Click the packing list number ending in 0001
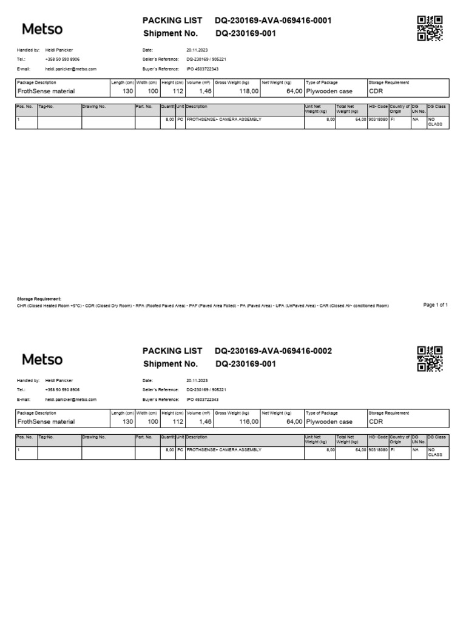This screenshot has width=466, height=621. click(x=273, y=21)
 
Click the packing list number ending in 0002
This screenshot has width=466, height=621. click(x=273, y=351)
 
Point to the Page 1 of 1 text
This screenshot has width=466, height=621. click(x=435, y=305)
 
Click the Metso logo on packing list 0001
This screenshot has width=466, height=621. click(x=42, y=29)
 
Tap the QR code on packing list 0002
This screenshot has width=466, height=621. click(x=430, y=358)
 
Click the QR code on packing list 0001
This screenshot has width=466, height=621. click(x=430, y=28)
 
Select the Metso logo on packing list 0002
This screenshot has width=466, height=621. click(x=42, y=359)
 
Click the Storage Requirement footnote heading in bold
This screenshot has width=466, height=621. click(x=39, y=299)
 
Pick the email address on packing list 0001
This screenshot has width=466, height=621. click(x=70, y=69)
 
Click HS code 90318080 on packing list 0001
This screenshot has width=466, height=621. click(x=377, y=119)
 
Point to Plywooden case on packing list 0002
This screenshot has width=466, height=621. click(x=329, y=421)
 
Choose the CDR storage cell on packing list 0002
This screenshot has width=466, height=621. click(x=376, y=421)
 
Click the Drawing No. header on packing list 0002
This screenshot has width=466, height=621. click(x=94, y=437)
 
